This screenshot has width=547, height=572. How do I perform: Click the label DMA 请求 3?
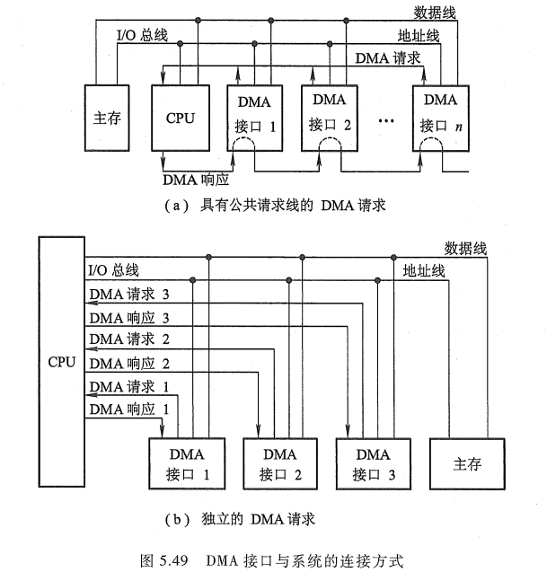tap(129, 294)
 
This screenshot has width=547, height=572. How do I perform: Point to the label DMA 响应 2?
tap(129, 363)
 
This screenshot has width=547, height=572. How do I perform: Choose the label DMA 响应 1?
tap(129, 409)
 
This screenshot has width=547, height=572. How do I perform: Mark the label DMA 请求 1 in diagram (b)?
tap(129, 386)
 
